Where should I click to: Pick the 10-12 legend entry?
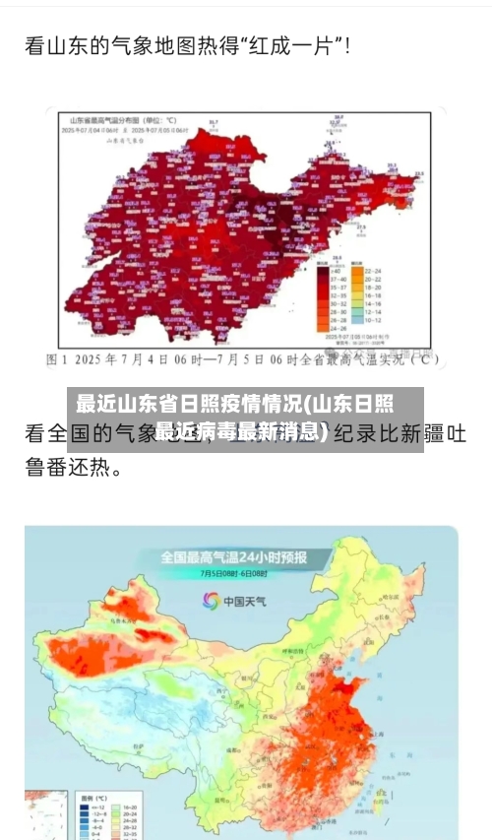click(x=373, y=319)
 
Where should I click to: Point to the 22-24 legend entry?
click(x=373, y=270)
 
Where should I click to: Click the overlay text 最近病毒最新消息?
click(x=242, y=430)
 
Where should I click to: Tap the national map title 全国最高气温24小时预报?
click(x=233, y=557)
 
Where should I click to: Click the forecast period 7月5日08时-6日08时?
click(x=233, y=573)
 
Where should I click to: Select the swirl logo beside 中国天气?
click(x=210, y=600)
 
